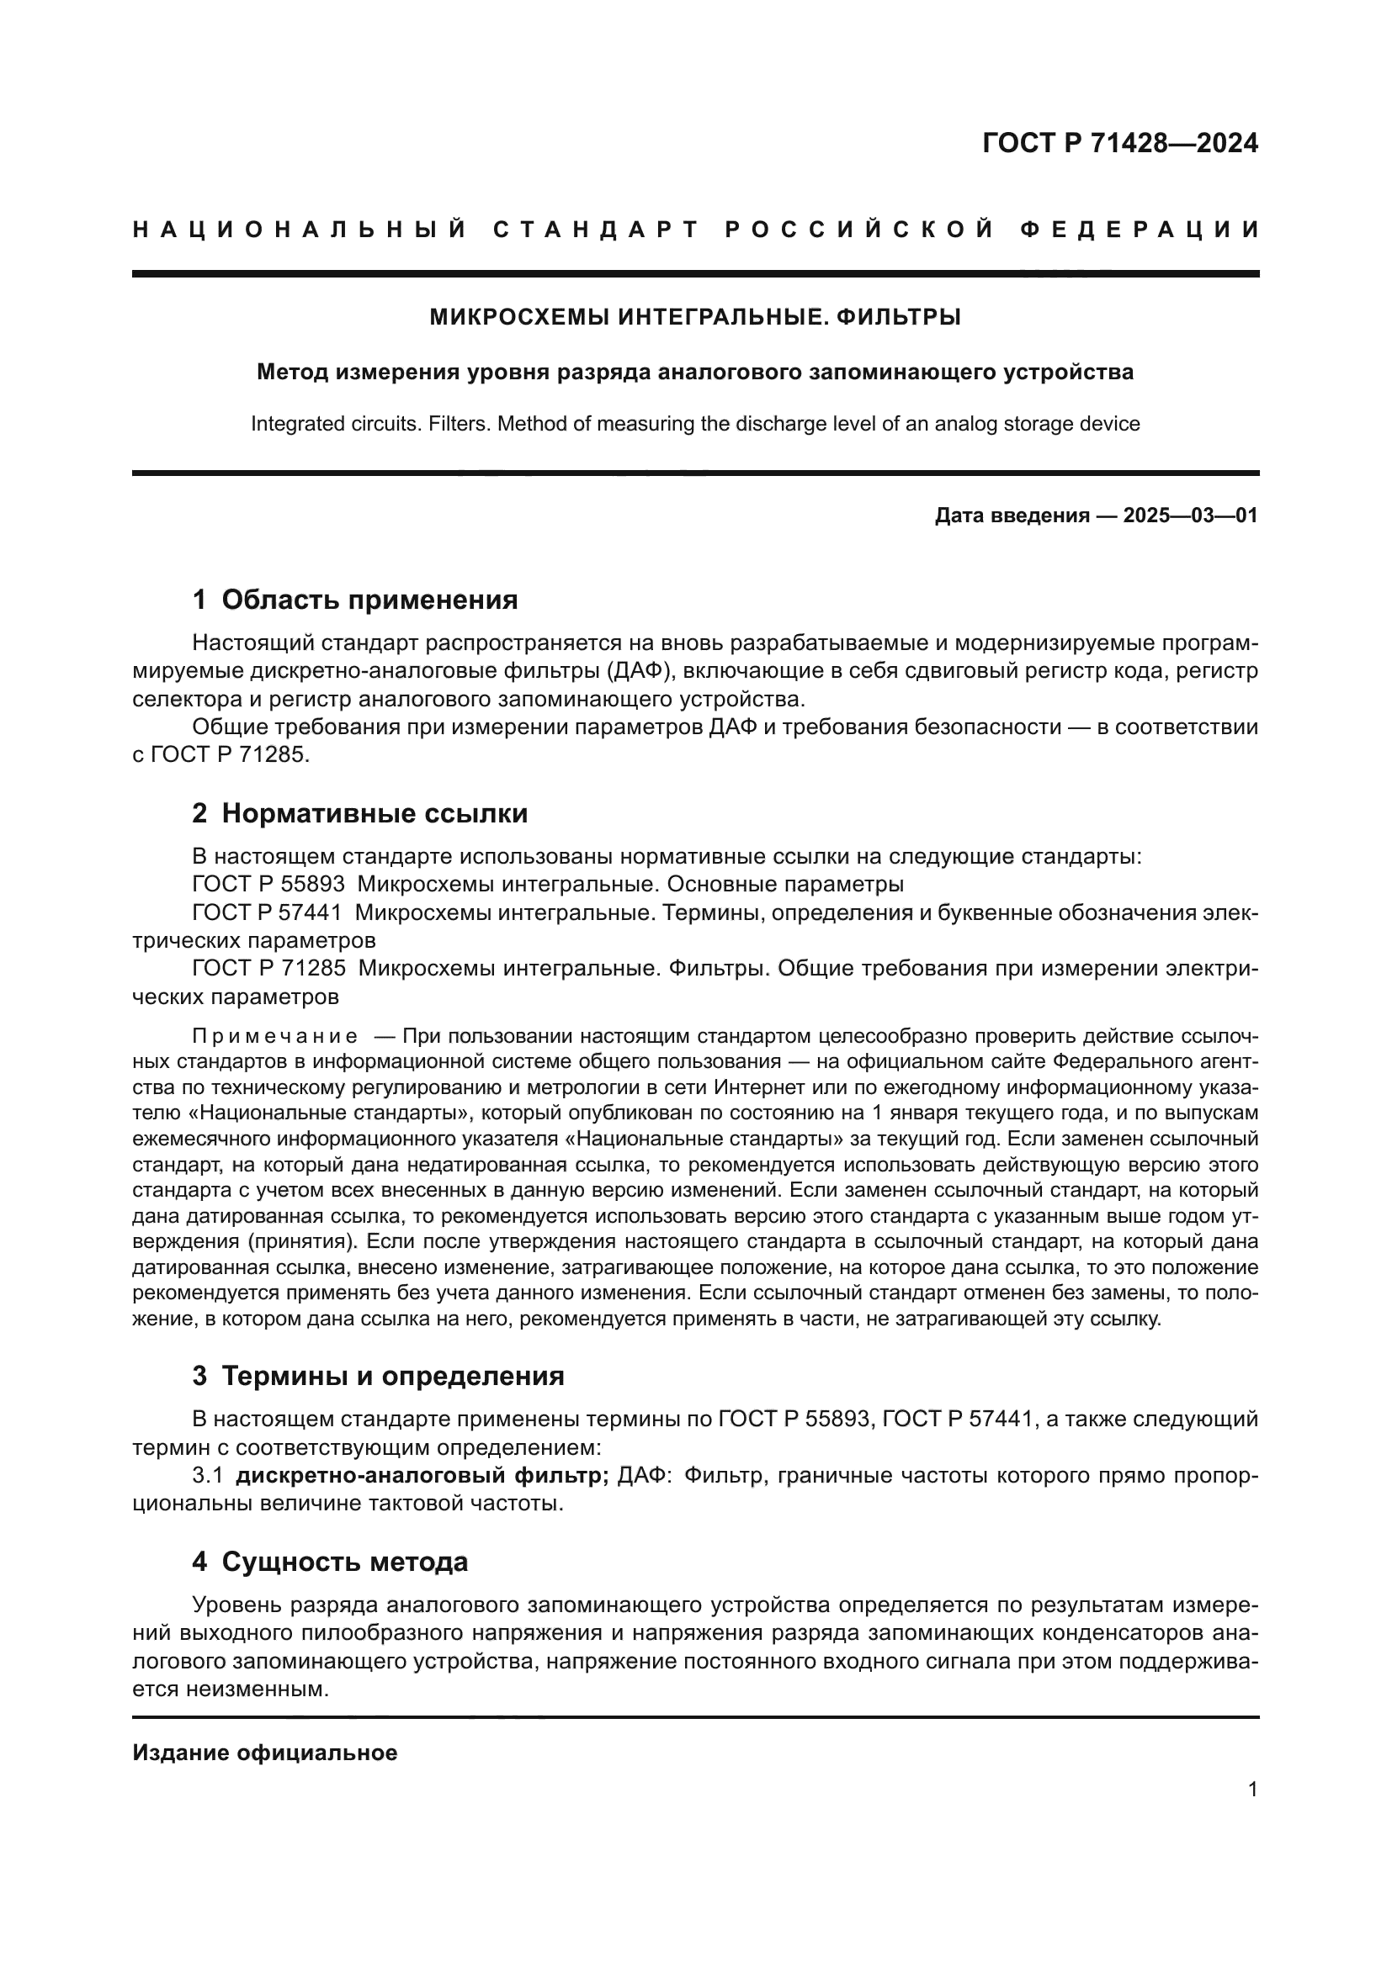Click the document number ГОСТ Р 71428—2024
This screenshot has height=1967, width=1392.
1119,143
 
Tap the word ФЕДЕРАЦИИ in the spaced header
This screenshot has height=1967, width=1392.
1140,230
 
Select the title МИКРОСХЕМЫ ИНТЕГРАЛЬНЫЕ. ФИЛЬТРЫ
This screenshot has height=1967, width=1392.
695,317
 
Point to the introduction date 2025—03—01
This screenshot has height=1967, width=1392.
1191,516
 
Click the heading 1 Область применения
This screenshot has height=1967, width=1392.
355,599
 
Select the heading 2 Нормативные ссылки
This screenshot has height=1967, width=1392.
360,813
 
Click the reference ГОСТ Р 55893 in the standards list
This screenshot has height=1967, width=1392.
268,884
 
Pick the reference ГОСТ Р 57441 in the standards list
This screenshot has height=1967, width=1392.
268,912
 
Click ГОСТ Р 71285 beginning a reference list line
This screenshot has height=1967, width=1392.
268,968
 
